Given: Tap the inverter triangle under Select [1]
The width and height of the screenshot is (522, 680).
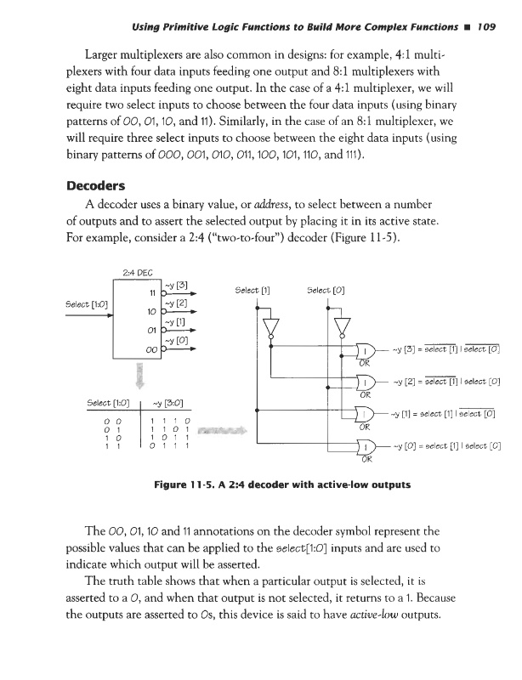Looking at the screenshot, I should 271,328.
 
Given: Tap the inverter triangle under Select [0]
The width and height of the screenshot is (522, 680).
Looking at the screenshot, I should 343,328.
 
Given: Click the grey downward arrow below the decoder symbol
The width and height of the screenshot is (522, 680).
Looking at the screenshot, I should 137,374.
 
